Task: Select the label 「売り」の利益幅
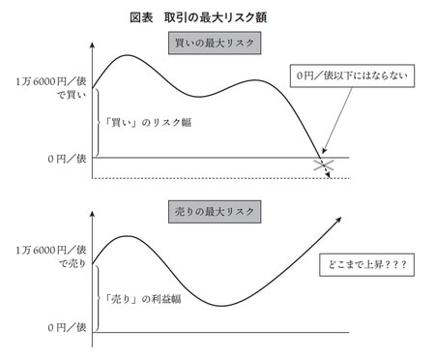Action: (x=146, y=288)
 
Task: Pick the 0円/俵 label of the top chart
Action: (x=56, y=158)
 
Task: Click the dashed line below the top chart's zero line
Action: (x=213, y=178)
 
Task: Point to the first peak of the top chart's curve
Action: (x=129, y=56)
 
